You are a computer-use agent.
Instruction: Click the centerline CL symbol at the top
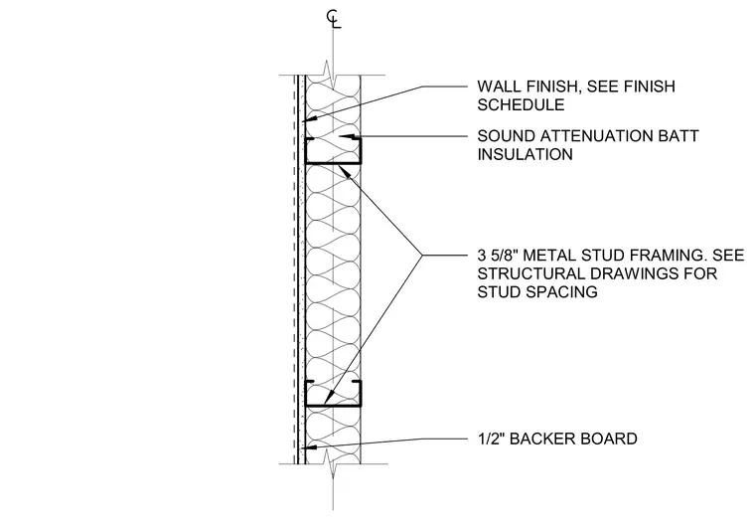point(333,19)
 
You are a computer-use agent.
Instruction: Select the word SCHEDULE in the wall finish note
point(521,105)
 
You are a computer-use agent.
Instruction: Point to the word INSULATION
point(526,155)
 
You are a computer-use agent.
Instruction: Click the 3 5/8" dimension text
point(499,256)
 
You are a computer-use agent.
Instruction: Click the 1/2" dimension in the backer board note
point(491,439)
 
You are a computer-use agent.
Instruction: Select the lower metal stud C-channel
point(305,394)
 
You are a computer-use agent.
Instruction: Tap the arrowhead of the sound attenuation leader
point(346,136)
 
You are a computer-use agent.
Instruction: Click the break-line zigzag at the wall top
point(333,72)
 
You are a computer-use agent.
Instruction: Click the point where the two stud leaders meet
point(423,256)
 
